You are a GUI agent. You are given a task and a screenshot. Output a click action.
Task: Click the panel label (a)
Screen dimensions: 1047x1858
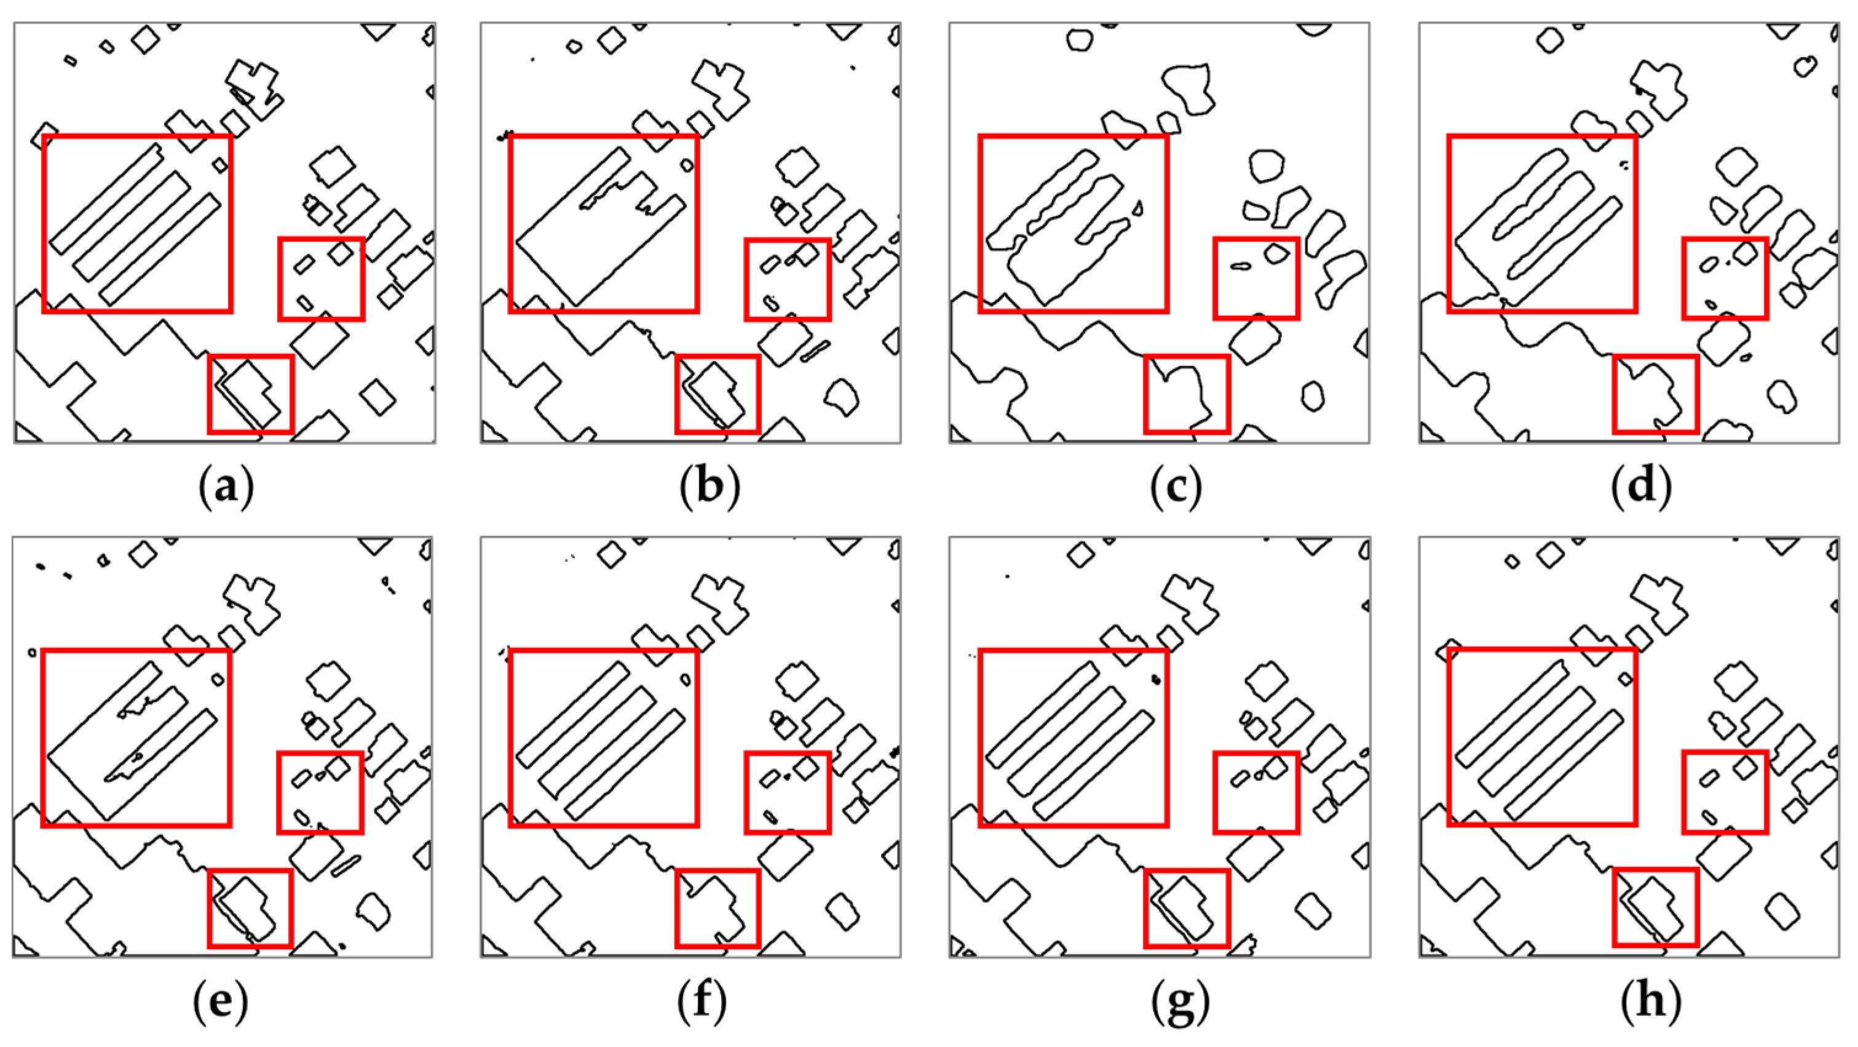[x=226, y=487]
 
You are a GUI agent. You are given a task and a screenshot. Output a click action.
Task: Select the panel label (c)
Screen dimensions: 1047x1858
[x=1176, y=487]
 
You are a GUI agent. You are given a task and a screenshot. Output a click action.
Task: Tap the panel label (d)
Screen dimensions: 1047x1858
[x=1642, y=487]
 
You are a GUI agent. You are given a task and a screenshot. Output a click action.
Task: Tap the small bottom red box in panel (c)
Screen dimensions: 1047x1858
[x=1187, y=394]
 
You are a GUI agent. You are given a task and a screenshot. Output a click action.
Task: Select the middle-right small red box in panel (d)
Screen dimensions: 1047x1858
[x=1725, y=278]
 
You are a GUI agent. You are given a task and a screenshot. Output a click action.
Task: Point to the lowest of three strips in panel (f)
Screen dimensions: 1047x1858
[x=625, y=765]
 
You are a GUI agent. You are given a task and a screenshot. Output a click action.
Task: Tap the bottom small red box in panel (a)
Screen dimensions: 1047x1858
[x=251, y=394]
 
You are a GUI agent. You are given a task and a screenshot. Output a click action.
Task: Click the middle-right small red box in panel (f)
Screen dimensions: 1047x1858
[x=788, y=792]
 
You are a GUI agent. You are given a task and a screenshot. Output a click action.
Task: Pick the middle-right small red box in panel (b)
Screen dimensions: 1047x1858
[x=788, y=279]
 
